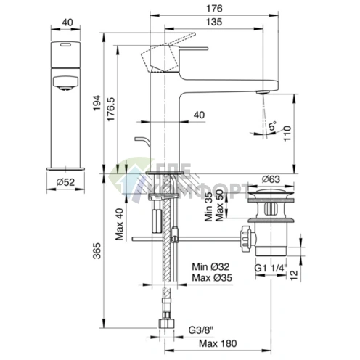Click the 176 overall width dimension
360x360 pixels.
click(x=214, y=9)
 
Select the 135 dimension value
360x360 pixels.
click(x=214, y=22)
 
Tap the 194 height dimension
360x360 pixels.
click(x=97, y=103)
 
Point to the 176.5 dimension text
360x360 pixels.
click(x=111, y=110)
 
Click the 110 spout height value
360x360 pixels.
click(x=287, y=134)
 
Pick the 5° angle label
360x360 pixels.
click(x=273, y=126)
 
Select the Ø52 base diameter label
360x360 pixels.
click(x=65, y=182)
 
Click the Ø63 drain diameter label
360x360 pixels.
click(x=271, y=179)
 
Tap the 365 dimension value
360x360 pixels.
click(x=97, y=251)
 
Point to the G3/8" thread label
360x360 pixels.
click(x=201, y=330)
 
